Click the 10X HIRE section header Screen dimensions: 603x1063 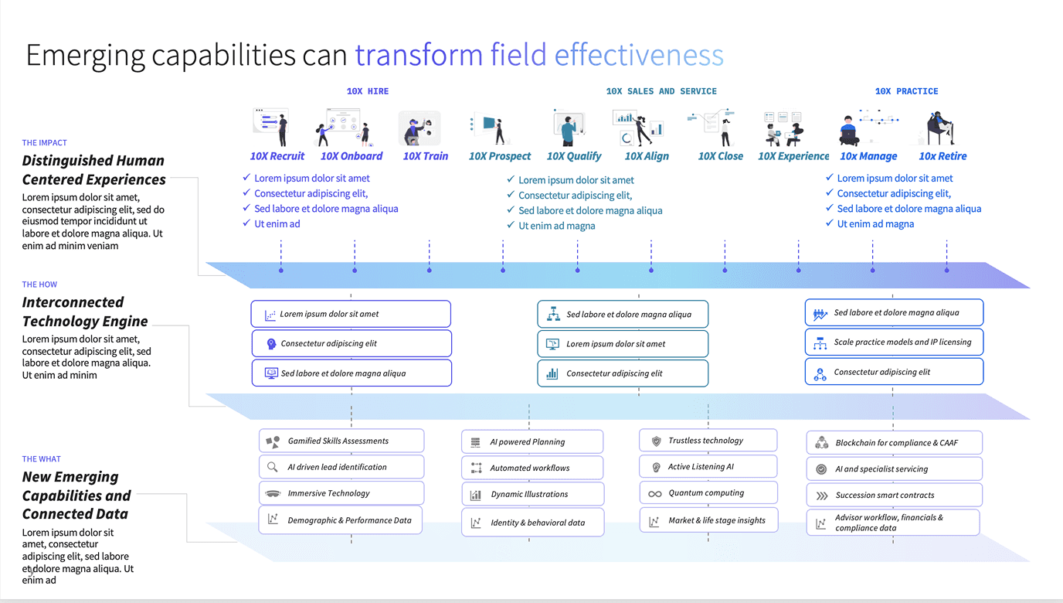click(x=368, y=91)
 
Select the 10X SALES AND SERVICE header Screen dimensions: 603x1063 click(x=661, y=91)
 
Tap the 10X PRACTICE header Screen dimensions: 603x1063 click(x=906, y=91)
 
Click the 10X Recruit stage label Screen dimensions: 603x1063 click(x=277, y=156)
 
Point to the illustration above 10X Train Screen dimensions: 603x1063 click(x=419, y=128)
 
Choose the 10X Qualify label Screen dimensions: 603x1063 click(x=574, y=156)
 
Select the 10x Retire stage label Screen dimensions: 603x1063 click(x=942, y=156)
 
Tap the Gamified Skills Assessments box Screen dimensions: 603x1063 click(x=341, y=441)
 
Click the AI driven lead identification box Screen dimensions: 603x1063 click(x=341, y=467)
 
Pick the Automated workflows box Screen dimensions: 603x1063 click(x=532, y=468)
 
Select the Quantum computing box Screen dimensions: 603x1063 click(x=708, y=493)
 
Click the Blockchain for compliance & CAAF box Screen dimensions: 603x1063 click(x=895, y=443)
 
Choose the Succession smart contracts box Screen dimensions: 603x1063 click(x=895, y=495)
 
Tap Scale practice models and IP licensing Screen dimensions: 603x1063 click(x=895, y=342)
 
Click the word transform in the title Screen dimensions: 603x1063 click(x=419, y=56)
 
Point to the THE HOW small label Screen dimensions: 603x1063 click(x=39, y=284)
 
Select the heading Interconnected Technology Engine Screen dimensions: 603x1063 click(x=85, y=312)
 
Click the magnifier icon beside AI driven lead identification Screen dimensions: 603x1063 click(x=272, y=467)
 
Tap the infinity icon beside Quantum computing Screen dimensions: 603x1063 click(x=655, y=494)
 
